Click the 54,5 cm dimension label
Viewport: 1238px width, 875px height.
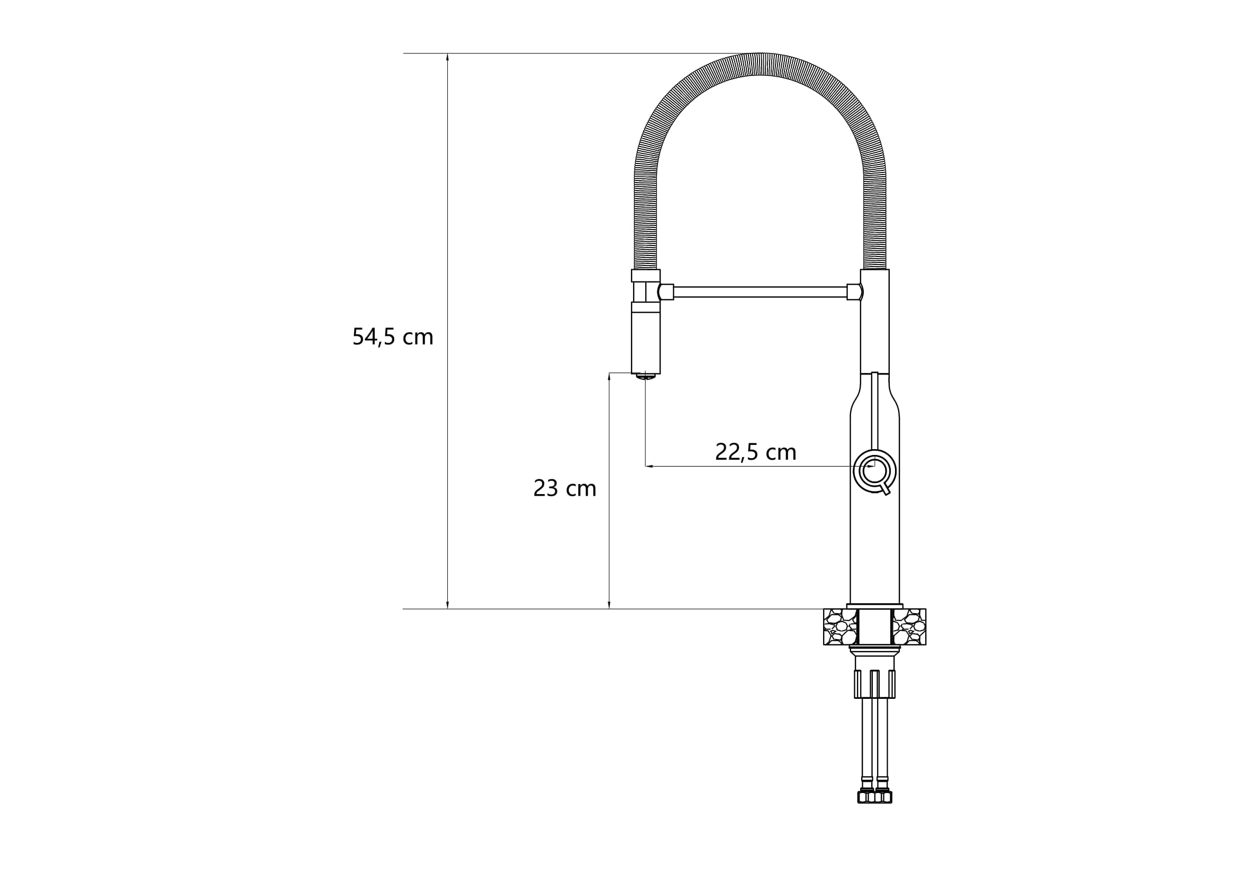pos(393,337)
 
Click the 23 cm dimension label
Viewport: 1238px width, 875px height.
pos(565,489)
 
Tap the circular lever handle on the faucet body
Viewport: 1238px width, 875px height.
pos(874,471)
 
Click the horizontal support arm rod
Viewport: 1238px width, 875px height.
pos(760,292)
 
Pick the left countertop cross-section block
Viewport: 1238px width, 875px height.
pos(840,626)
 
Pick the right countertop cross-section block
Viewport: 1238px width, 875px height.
pos(909,626)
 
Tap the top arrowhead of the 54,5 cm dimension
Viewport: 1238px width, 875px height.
pos(448,57)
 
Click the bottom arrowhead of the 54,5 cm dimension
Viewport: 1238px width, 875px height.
pos(448,605)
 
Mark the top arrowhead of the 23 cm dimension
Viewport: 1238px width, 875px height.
pos(609,376)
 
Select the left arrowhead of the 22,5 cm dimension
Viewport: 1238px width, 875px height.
pos(649,466)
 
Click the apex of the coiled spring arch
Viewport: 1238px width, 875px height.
pos(760,63)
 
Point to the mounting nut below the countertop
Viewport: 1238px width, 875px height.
pos(874,684)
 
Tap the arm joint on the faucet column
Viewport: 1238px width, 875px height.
pos(854,292)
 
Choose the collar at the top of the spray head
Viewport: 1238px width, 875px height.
pos(645,275)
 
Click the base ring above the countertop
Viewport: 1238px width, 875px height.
pos(874,606)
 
